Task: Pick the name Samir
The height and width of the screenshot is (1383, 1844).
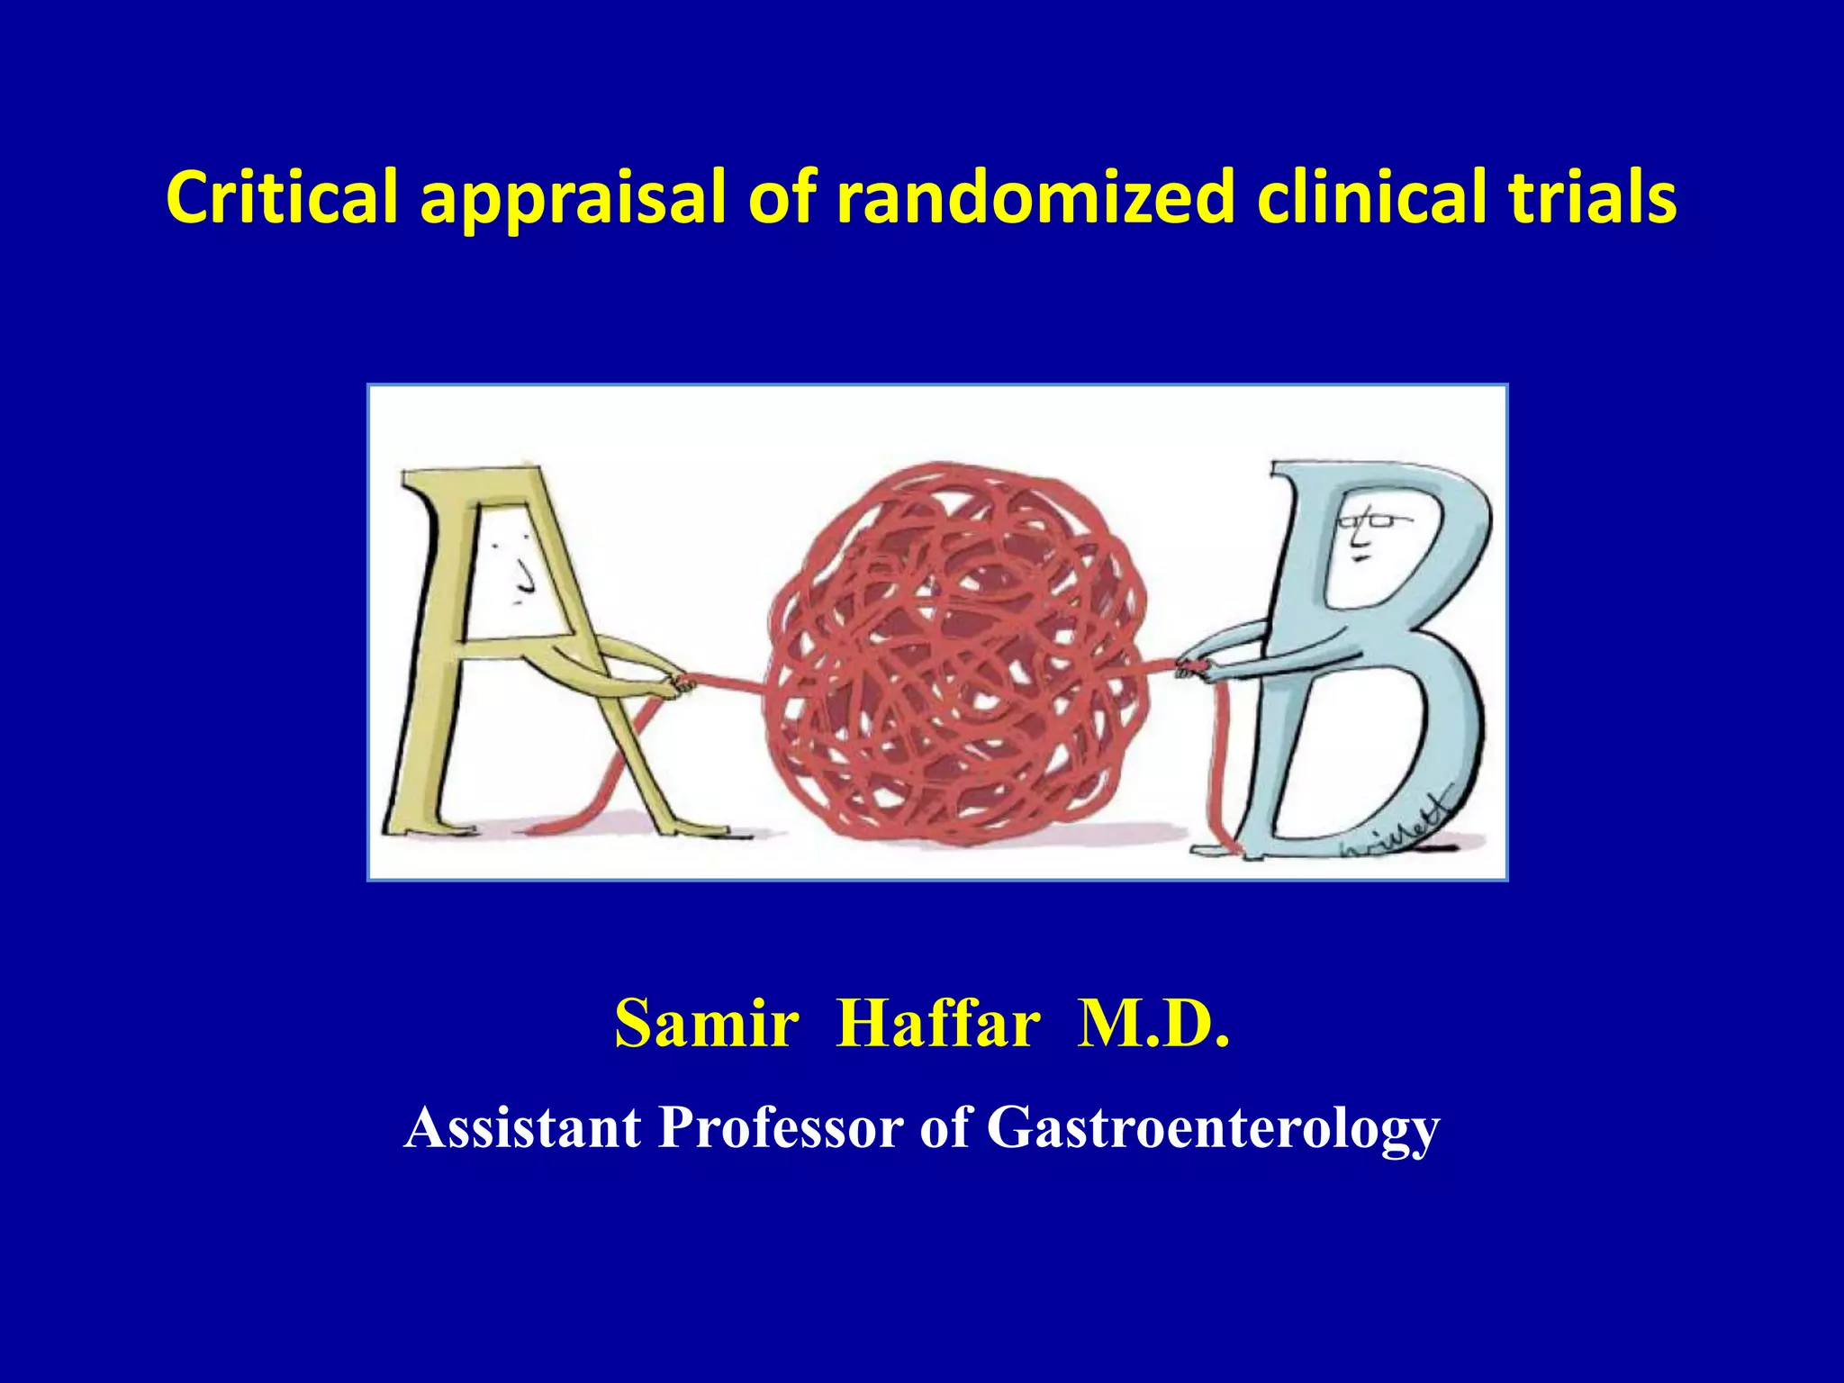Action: click(706, 1025)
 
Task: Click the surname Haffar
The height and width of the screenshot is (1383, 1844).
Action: click(938, 1025)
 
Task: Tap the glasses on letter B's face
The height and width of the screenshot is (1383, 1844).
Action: click(1366, 520)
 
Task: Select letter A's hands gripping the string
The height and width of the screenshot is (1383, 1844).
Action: click(671, 684)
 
